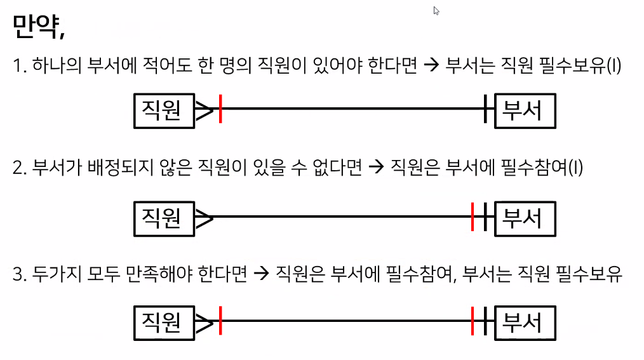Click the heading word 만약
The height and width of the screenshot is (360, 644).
pyautogui.click(x=37, y=27)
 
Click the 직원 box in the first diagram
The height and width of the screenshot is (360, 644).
pyautogui.click(x=164, y=110)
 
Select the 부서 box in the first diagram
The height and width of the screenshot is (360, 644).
pyautogui.click(x=525, y=110)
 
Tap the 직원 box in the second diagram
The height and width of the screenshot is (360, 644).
pyautogui.click(x=164, y=218)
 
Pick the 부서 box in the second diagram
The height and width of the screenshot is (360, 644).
pyautogui.click(x=525, y=218)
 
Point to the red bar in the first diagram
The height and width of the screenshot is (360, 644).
pyautogui.click(x=220, y=109)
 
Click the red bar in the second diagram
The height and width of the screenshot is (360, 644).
pyautogui.click(x=473, y=217)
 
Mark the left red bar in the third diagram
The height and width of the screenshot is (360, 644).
pyautogui.click(x=220, y=321)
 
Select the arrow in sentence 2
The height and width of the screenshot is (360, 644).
pyautogui.click(x=375, y=168)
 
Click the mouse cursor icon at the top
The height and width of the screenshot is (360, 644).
pyautogui.click(x=436, y=11)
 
